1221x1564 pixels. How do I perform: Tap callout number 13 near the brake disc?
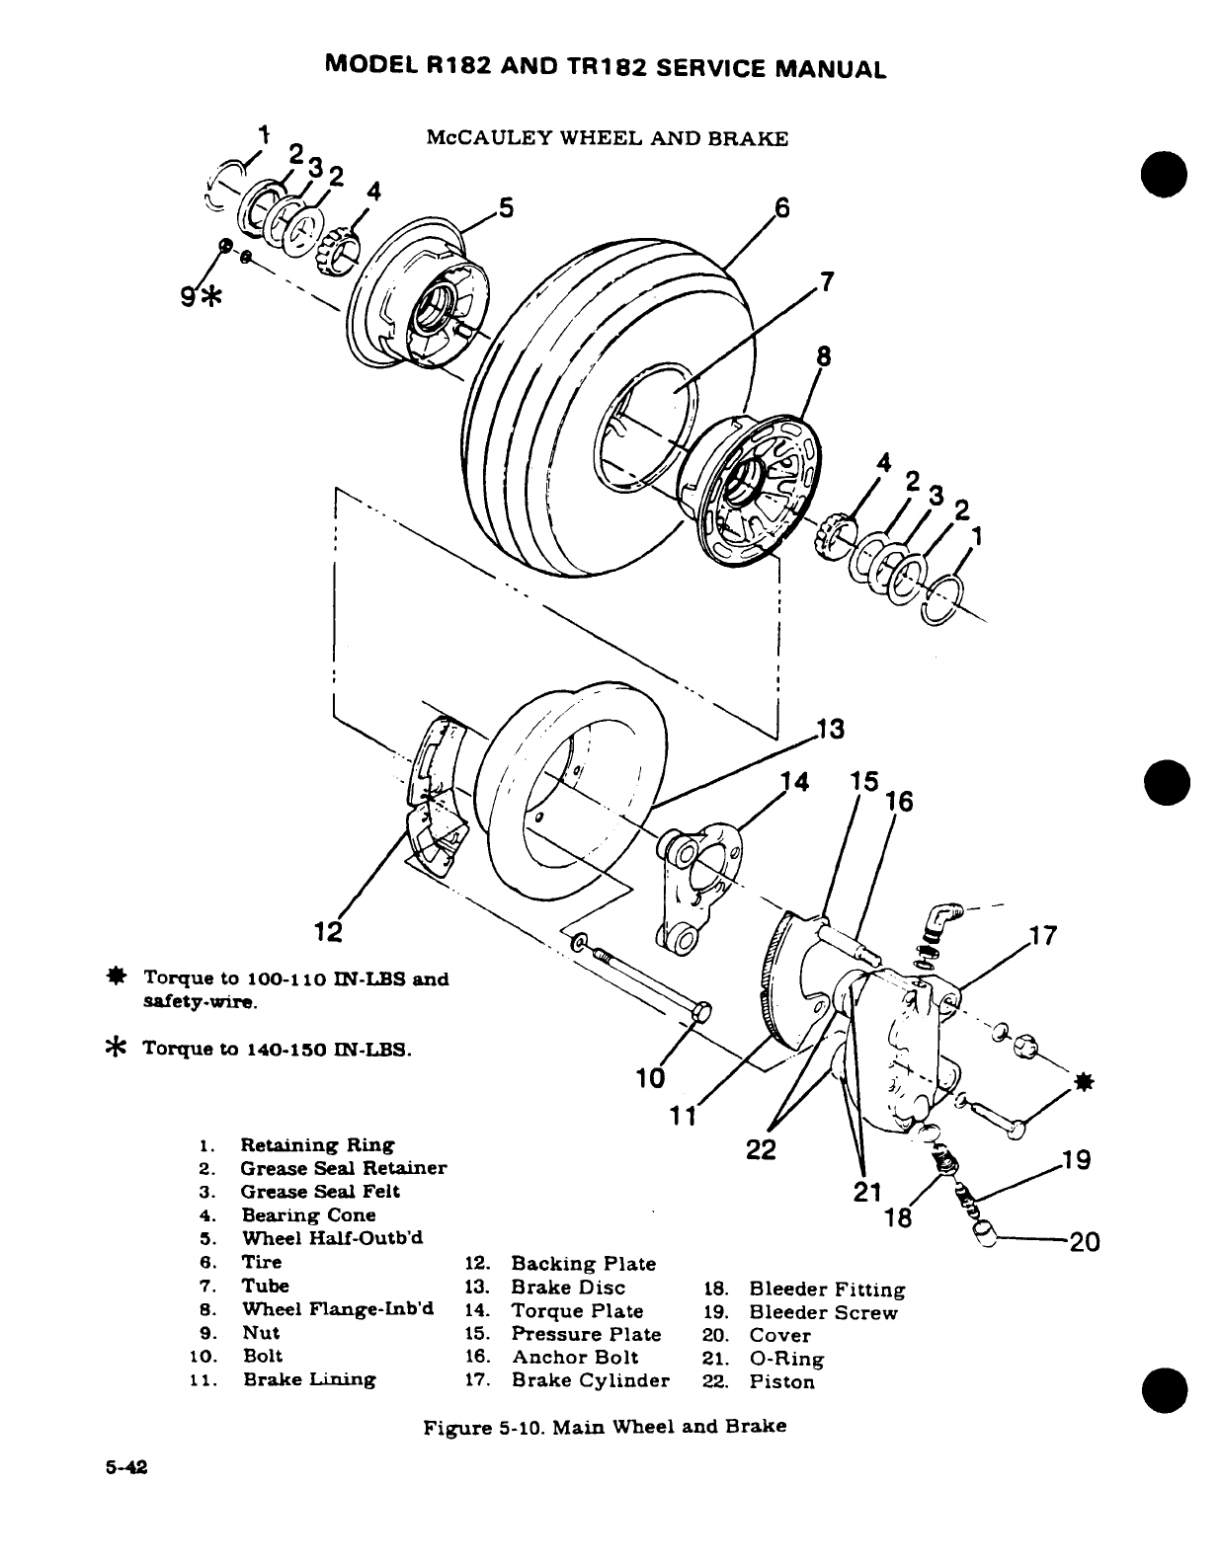pyautogui.click(x=831, y=730)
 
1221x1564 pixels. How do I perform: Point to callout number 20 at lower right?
pyautogui.click(x=1084, y=1242)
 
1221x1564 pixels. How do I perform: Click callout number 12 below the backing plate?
pyautogui.click(x=327, y=931)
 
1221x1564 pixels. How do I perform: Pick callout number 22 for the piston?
pyautogui.click(x=761, y=1149)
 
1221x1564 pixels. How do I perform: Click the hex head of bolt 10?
pyautogui.click(x=701, y=1013)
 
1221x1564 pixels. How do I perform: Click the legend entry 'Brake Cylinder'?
pyautogui.click(x=590, y=1379)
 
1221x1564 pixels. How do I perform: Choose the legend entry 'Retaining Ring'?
pyautogui.click(x=317, y=1144)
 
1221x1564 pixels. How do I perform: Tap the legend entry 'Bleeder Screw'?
pyautogui.click(x=823, y=1312)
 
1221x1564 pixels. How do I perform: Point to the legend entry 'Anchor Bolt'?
pyautogui.click(x=574, y=1357)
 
